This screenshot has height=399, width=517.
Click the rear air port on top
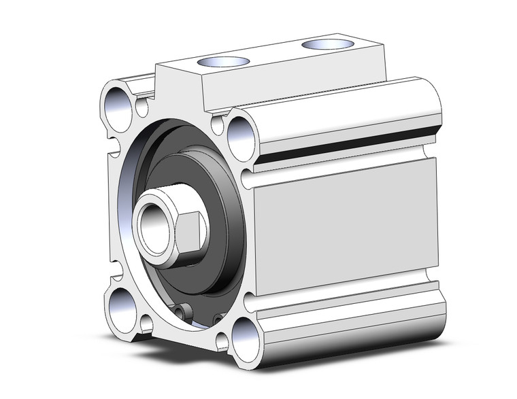tap(327, 44)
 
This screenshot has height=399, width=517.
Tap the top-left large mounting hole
tap(118, 107)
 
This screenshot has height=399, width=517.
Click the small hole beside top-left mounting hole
tap(141, 107)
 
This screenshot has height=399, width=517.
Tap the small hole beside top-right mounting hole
tap(218, 124)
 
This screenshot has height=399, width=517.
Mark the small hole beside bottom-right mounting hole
tap(222, 339)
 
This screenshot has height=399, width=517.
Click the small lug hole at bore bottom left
tap(182, 311)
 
